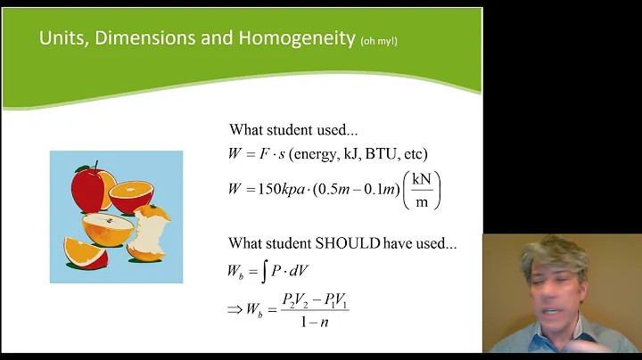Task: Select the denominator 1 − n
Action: [314, 321]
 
